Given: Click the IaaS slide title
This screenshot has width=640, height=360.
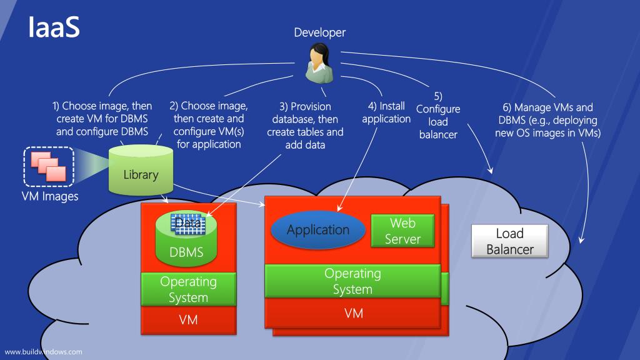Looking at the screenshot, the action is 54,27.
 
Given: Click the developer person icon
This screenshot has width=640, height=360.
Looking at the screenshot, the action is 319,63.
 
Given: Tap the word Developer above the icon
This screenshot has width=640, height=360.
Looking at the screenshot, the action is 319,32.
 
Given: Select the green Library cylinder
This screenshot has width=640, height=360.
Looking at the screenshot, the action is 141,170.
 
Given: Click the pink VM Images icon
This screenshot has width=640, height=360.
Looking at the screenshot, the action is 49,166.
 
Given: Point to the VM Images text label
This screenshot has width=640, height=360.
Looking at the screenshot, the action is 50,196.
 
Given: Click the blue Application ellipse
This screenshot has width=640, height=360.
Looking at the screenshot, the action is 318,230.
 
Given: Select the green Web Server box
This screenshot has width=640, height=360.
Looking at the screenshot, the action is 402,231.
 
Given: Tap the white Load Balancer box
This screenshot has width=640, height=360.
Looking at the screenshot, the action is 510,241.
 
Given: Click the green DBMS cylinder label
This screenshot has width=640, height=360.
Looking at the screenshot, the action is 186,252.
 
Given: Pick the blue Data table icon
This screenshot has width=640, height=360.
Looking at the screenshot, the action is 188,224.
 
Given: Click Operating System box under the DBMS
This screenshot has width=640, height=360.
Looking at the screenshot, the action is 189,289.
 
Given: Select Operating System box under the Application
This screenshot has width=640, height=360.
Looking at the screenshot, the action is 352,281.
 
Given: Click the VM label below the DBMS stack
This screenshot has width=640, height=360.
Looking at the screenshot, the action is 188,319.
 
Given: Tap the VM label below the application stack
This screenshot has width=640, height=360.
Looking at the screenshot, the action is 354,313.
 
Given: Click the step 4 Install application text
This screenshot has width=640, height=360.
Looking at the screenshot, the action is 386,112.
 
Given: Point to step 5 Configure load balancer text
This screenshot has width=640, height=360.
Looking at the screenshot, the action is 438,116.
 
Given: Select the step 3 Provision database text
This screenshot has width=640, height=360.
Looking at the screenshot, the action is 305,126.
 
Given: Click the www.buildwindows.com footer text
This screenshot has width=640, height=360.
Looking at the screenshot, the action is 43,352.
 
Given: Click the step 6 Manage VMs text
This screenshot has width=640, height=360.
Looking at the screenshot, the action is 547,120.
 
